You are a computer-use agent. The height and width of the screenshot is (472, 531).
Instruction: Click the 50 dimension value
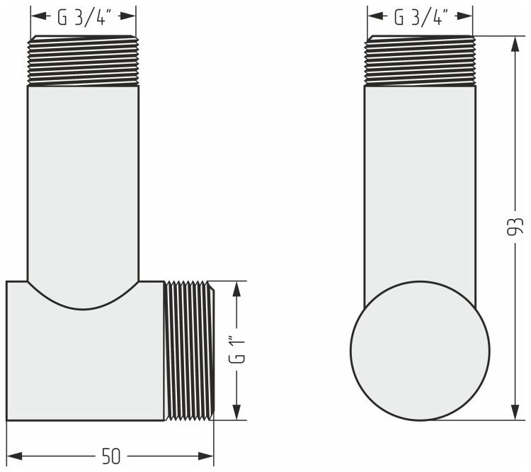tap(111, 456)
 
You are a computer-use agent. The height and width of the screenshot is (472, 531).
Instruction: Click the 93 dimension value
tap(515, 226)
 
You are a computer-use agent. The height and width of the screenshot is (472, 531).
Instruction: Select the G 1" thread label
tap(236, 349)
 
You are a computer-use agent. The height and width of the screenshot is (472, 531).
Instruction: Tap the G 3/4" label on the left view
tap(84, 17)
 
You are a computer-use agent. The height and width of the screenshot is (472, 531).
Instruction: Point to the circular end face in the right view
tap(420, 351)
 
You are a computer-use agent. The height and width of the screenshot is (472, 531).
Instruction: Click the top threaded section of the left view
tap(83, 60)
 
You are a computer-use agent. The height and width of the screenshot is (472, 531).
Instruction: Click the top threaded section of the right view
tap(420, 60)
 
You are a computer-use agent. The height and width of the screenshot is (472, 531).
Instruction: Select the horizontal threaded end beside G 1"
tap(190, 351)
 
